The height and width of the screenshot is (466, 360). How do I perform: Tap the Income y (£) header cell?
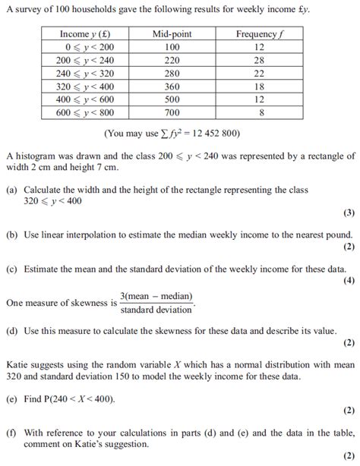pyautogui.click(x=84, y=34)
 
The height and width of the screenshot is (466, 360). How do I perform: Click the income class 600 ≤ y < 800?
pyautogui.click(x=84, y=112)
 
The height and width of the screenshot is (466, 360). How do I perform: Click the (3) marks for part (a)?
pyautogui.click(x=349, y=213)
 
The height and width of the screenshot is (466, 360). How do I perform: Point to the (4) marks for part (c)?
pyautogui.click(x=349, y=280)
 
